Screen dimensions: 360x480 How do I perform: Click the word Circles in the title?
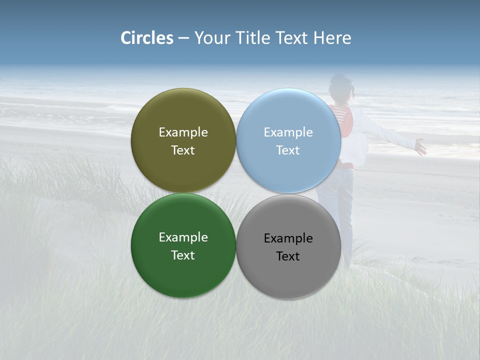click(x=147, y=38)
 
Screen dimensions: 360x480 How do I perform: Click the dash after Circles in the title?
click(x=183, y=38)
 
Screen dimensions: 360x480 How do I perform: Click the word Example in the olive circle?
click(x=183, y=132)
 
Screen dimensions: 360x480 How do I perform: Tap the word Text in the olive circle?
click(x=183, y=150)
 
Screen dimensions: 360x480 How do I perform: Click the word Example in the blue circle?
click(x=288, y=132)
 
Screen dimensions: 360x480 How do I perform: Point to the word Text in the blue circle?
click(x=288, y=150)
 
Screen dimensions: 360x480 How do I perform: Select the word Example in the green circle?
click(x=183, y=237)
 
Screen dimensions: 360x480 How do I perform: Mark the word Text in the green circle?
click(x=183, y=255)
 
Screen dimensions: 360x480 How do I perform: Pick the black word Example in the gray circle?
click(x=288, y=238)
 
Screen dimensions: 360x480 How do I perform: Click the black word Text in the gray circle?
click(x=288, y=256)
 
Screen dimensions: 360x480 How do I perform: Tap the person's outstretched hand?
click(x=420, y=147)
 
